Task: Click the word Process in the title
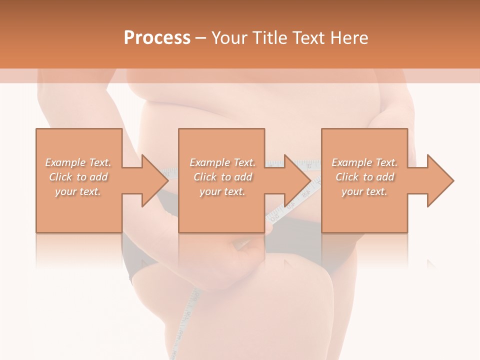(157, 38)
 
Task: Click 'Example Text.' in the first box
(78, 162)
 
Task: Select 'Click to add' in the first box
(78, 177)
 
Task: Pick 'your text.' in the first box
(78, 191)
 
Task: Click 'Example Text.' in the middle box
(222, 162)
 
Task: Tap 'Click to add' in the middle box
(222, 177)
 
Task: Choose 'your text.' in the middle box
(222, 191)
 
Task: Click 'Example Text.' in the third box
(364, 162)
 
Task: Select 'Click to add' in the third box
(364, 177)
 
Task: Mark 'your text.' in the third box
(364, 191)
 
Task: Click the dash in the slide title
(201, 38)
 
